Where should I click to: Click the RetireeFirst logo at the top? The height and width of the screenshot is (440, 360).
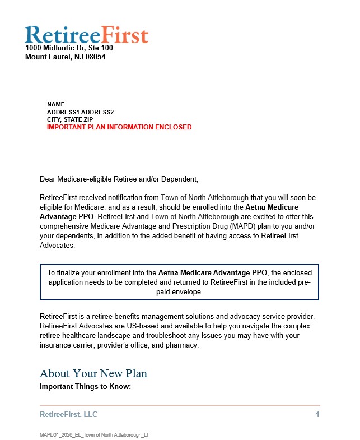pyautogui.click(x=87, y=34)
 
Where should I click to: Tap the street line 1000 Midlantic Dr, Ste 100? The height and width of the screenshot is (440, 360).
pyautogui.click(x=69, y=48)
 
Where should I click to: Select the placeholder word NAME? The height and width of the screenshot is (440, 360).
pyautogui.click(x=56, y=104)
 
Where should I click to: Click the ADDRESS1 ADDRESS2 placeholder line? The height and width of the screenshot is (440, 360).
pyautogui.click(x=80, y=112)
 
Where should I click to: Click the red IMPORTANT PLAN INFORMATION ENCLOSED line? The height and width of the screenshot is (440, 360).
pyautogui.click(x=119, y=127)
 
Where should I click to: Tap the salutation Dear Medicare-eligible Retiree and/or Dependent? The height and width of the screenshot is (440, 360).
pyautogui.click(x=119, y=179)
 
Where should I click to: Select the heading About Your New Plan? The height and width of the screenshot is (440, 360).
pyautogui.click(x=93, y=373)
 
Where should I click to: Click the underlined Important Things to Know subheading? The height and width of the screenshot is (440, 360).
pyautogui.click(x=85, y=387)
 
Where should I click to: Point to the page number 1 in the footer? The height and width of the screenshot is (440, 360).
pyautogui.click(x=317, y=415)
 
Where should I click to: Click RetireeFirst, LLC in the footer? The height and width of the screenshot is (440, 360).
pyautogui.click(x=68, y=415)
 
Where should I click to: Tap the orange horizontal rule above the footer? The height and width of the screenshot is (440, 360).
pyautogui.click(x=180, y=405)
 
